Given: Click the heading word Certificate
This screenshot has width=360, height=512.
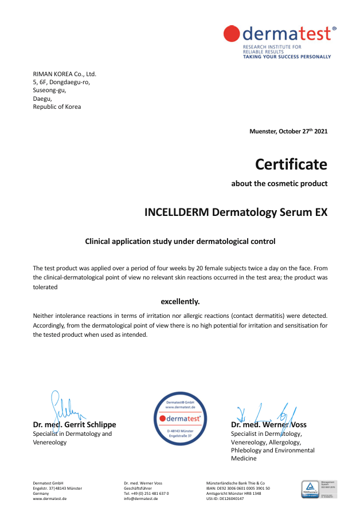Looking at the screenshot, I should click(291, 164).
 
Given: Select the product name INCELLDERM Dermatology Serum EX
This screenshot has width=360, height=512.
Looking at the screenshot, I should click(236, 212).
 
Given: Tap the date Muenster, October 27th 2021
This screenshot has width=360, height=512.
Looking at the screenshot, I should click(288, 131).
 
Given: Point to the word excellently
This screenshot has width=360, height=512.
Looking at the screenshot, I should click(180, 301).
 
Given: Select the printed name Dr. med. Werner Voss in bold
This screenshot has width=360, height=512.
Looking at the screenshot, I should click(268, 425).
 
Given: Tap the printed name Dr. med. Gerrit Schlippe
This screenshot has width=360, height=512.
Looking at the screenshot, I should click(75, 425).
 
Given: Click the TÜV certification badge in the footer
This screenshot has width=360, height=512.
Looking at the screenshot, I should click(319, 489).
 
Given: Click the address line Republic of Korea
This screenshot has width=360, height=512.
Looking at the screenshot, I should click(57, 107).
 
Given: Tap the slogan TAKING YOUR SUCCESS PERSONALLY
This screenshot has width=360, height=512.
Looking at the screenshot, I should click(287, 57).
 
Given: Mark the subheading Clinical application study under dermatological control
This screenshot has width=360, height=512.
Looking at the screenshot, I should click(180, 241).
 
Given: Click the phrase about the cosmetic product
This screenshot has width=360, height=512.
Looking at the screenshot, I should click(279, 184).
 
